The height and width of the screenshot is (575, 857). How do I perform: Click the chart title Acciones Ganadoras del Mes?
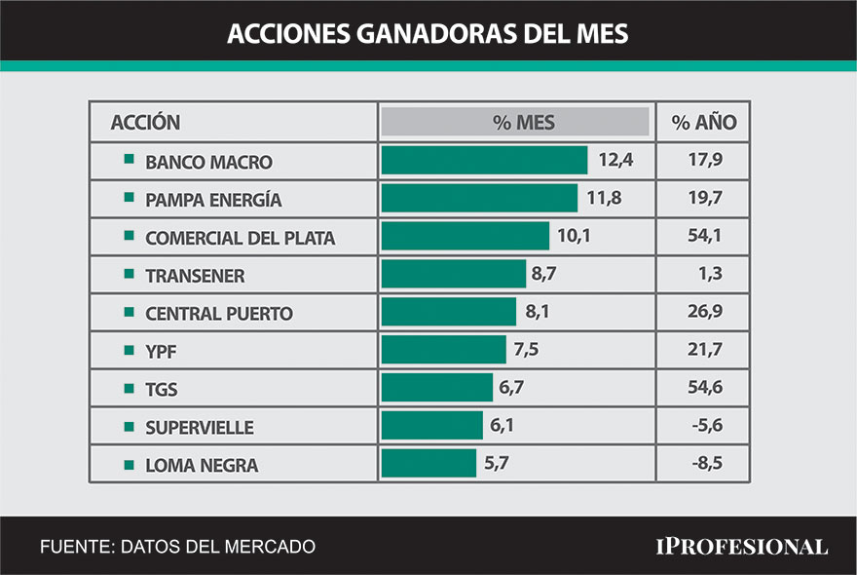click(x=428, y=33)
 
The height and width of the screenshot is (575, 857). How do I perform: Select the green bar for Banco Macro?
click(x=484, y=161)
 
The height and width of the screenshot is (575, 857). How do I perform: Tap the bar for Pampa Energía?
click(x=479, y=199)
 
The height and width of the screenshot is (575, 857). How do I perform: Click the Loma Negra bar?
click(x=428, y=464)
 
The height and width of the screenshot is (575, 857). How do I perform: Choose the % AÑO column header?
click(x=703, y=123)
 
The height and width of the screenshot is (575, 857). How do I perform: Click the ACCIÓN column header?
click(x=145, y=123)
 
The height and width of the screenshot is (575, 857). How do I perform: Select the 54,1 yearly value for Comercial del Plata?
click(x=703, y=237)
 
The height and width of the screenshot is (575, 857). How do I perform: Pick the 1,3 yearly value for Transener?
click(x=710, y=275)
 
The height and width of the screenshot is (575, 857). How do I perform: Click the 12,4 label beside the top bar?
click(x=615, y=161)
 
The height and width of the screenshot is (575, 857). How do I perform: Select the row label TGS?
click(x=161, y=390)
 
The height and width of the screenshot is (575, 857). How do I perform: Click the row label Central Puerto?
click(x=218, y=314)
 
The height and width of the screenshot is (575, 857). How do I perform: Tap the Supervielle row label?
click(x=199, y=428)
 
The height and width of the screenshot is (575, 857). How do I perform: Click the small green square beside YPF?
click(x=129, y=350)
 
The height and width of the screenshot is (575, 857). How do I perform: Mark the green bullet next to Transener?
click(x=129, y=274)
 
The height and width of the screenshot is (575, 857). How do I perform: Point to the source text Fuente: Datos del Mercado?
click(x=177, y=547)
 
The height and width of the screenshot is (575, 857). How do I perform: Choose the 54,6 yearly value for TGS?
click(x=703, y=389)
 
